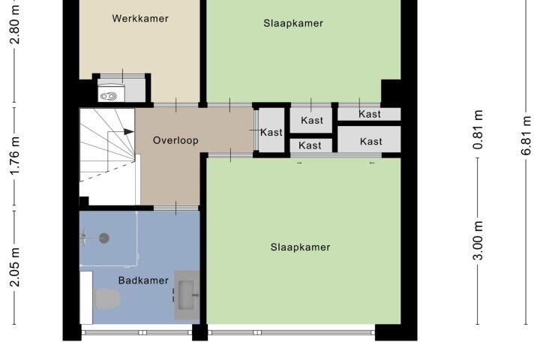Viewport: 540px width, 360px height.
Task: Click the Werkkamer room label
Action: [140, 18]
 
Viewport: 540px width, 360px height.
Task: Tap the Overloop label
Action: [175, 140]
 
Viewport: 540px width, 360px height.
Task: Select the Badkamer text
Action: [143, 280]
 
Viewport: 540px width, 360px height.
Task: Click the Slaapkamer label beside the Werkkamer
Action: [293, 23]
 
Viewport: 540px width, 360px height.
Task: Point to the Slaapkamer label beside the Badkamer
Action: [300, 247]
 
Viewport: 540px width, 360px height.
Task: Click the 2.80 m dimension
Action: [15, 24]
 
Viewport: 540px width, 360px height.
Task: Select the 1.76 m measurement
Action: [15, 157]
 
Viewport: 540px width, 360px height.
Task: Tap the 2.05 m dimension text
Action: [15, 267]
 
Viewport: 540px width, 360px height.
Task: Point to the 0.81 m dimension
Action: [478, 130]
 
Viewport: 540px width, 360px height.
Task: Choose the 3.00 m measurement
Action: [478, 241]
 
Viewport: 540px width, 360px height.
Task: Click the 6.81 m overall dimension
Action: [526, 136]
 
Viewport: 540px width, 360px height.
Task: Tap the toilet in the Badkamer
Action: [106, 298]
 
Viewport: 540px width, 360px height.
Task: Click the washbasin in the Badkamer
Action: [187, 295]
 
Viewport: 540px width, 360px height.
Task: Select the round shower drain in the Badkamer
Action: [104, 238]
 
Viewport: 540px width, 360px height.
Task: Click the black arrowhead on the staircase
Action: [128, 131]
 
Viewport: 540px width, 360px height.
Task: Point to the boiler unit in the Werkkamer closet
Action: [109, 96]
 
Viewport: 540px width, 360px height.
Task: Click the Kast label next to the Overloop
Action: [271, 132]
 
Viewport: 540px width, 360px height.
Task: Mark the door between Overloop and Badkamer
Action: [176, 208]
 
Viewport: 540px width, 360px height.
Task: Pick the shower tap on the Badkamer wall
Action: [83, 238]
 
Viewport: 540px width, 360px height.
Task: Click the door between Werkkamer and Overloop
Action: [176, 105]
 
